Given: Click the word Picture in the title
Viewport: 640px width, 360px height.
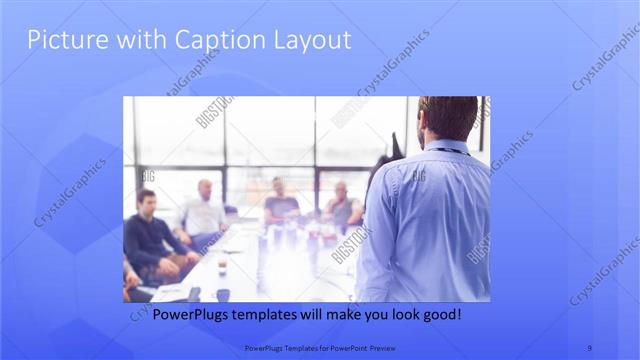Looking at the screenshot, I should coord(61,41).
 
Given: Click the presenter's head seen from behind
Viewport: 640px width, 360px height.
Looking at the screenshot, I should coord(447,118).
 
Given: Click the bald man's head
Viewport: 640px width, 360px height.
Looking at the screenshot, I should coord(205,188).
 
